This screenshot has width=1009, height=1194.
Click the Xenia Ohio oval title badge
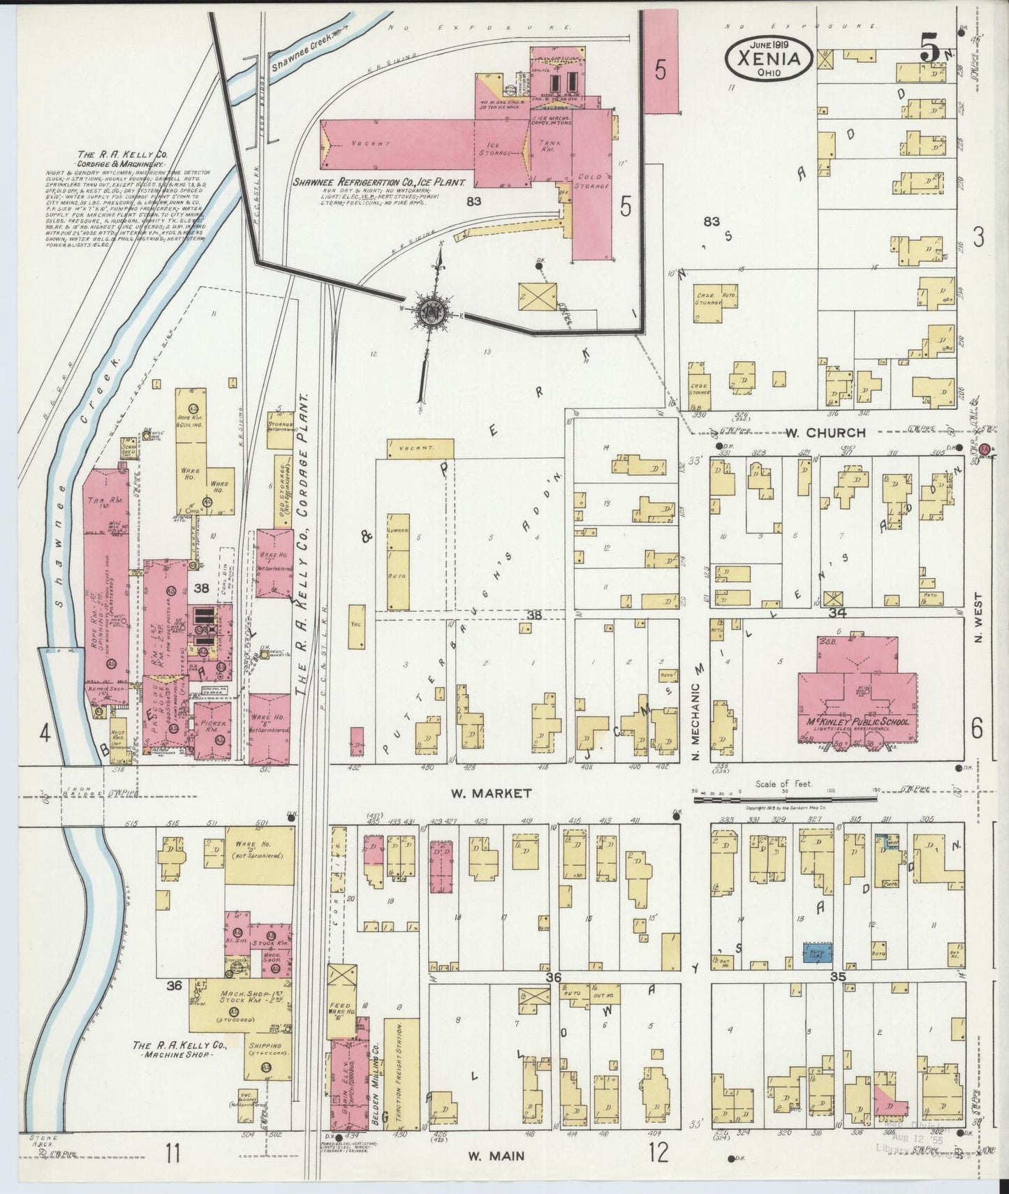tap(768, 57)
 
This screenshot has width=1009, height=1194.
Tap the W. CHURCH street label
tap(825, 432)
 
